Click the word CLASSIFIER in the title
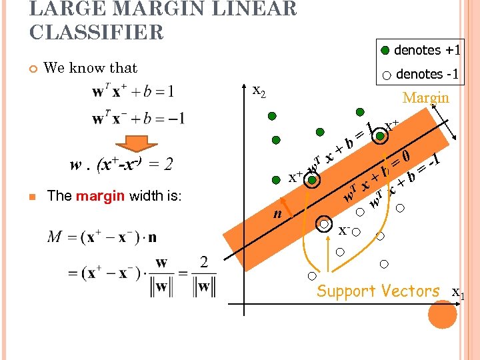point(97,31)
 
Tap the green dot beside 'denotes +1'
point(386,51)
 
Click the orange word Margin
point(426,98)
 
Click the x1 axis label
point(459,293)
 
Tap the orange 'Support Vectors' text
point(378,291)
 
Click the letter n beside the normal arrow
point(278,214)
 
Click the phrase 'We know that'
point(90,68)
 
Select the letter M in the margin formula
point(55,237)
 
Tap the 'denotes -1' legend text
point(427,75)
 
